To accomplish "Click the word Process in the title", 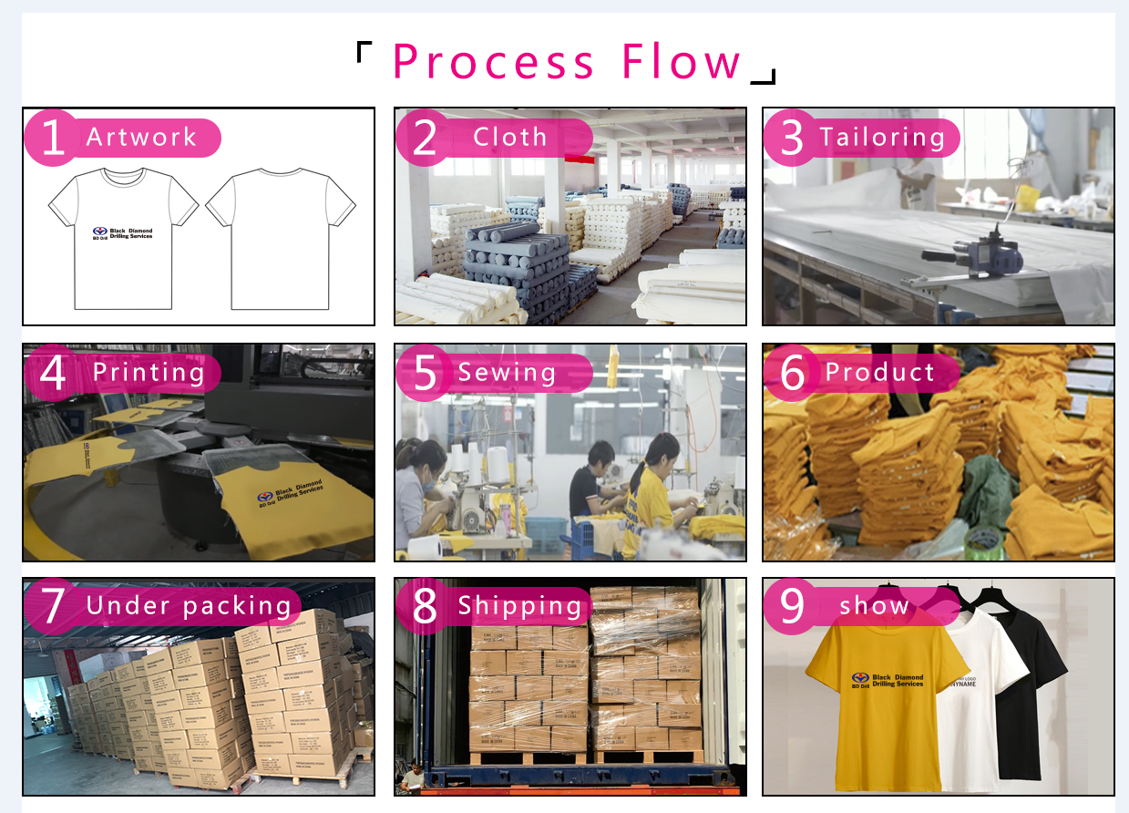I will point(493,62).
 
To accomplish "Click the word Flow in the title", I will point(681,62).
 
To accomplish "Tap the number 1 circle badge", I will point(53,138).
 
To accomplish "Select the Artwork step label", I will point(142,138).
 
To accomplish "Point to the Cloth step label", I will point(509,138).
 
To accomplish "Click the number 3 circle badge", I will point(792,138).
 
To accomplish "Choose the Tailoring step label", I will point(882,138).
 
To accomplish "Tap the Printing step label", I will point(149,373).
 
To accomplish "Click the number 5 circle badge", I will point(425,373).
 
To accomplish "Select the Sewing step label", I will point(507,373).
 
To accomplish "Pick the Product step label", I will point(879,373).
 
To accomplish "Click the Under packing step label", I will point(188,606).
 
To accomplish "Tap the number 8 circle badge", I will point(425,606).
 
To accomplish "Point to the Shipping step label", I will point(519,606).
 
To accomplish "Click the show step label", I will point(874,606).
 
